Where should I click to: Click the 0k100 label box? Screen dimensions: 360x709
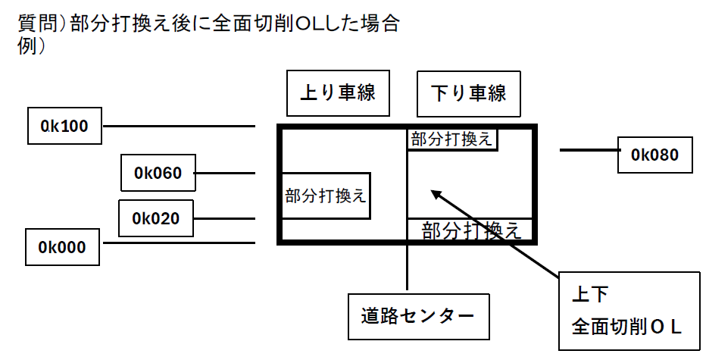pyautogui.click(x=64, y=126)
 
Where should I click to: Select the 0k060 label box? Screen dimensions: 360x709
pyautogui.click(x=158, y=173)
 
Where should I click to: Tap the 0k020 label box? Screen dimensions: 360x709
pyautogui.click(x=156, y=219)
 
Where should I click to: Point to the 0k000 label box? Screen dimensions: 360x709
pyautogui.click(x=63, y=246)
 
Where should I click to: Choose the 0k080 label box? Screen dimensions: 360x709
pyautogui.click(x=655, y=155)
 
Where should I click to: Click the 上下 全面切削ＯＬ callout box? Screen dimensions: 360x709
pyautogui.click(x=629, y=311)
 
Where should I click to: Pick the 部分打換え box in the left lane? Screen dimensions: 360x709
pyautogui.click(x=326, y=196)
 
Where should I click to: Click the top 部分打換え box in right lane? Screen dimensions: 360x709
pyautogui.click(x=452, y=140)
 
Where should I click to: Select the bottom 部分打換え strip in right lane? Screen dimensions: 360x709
pyautogui.click(x=470, y=229)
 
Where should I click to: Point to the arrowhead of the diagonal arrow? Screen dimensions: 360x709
pyautogui.click(x=436, y=194)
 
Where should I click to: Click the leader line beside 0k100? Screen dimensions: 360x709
pyautogui.click(x=178, y=126)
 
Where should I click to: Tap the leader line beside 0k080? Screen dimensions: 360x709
pyautogui.click(x=589, y=151)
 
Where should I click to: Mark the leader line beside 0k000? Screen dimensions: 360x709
pyautogui.click(x=178, y=243)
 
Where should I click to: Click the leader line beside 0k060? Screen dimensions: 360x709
pyautogui.click(x=225, y=173)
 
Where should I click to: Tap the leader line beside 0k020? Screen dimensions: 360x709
pyautogui.click(x=223, y=219)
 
